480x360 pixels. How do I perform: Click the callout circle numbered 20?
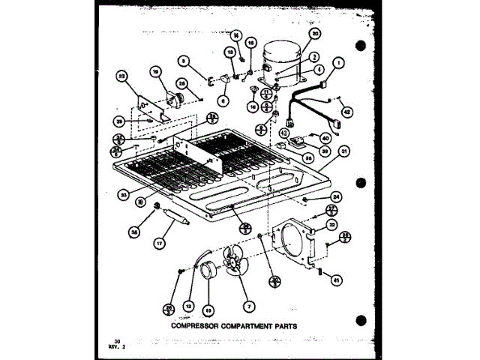tap(314, 33)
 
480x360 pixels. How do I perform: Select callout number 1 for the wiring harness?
tap(339, 63)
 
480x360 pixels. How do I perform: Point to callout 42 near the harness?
tap(346, 112)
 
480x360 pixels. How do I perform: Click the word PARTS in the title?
tap(283, 326)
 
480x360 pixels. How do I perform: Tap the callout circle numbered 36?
tap(134, 232)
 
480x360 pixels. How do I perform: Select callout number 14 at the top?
tap(235, 34)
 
